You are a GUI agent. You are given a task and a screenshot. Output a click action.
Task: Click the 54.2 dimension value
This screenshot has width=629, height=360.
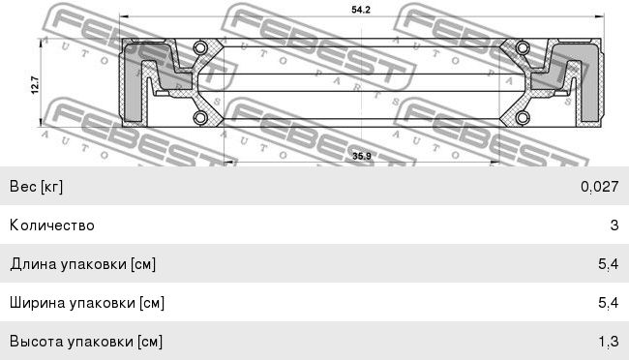361,10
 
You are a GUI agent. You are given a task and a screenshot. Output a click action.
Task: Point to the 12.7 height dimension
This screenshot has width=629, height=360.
35,85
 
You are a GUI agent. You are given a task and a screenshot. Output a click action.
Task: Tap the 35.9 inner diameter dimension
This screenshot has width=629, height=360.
361,156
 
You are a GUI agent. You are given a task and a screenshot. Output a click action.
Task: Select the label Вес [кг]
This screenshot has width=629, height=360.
36,187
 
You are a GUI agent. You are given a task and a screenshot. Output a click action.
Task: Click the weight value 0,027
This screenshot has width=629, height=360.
599,187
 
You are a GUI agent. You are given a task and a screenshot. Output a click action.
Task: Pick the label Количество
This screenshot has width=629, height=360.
52,225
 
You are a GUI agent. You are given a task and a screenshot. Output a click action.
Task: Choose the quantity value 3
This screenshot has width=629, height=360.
614,225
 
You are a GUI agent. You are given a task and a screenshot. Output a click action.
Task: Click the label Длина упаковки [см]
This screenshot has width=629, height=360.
83,264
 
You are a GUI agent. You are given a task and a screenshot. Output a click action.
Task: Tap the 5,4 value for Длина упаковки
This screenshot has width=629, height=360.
608,264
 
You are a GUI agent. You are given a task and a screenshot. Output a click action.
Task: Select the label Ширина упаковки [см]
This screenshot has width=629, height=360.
87,303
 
